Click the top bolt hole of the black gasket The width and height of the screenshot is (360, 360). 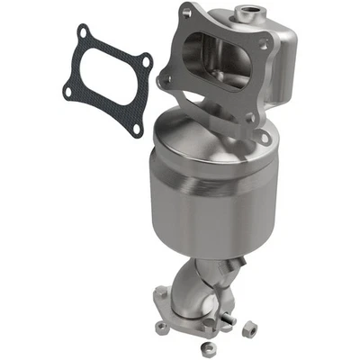(x=83, y=35)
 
